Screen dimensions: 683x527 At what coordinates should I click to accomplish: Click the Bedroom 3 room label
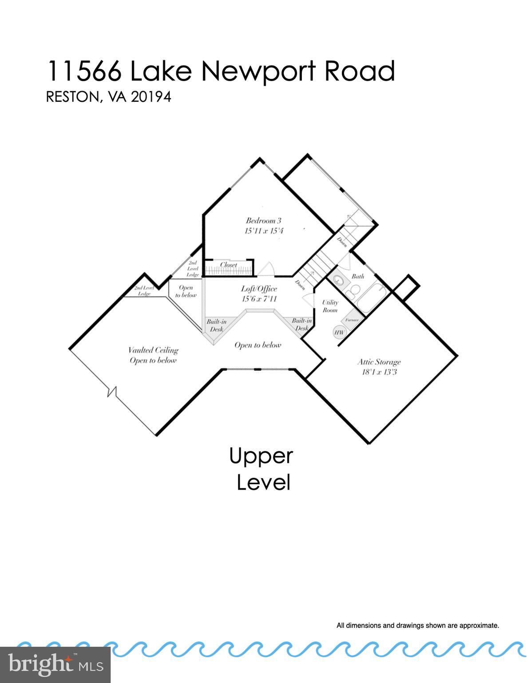point(264,221)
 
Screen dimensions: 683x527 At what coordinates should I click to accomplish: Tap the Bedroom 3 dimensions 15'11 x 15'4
point(264,231)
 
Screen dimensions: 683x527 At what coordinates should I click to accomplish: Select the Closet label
point(229,265)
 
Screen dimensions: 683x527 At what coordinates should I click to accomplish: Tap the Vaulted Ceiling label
point(153,350)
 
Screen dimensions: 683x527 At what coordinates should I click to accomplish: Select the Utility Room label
point(330,306)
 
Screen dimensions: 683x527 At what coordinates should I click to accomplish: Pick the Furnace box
point(352,320)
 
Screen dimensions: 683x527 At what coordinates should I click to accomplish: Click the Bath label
point(358,276)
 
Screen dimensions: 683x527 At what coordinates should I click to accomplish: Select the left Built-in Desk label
point(217,325)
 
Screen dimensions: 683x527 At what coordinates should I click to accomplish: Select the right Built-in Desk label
point(301,324)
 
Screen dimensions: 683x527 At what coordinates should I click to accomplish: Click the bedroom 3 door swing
point(266,269)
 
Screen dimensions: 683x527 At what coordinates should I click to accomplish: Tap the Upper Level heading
point(262,469)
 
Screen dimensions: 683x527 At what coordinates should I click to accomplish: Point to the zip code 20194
point(151,97)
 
